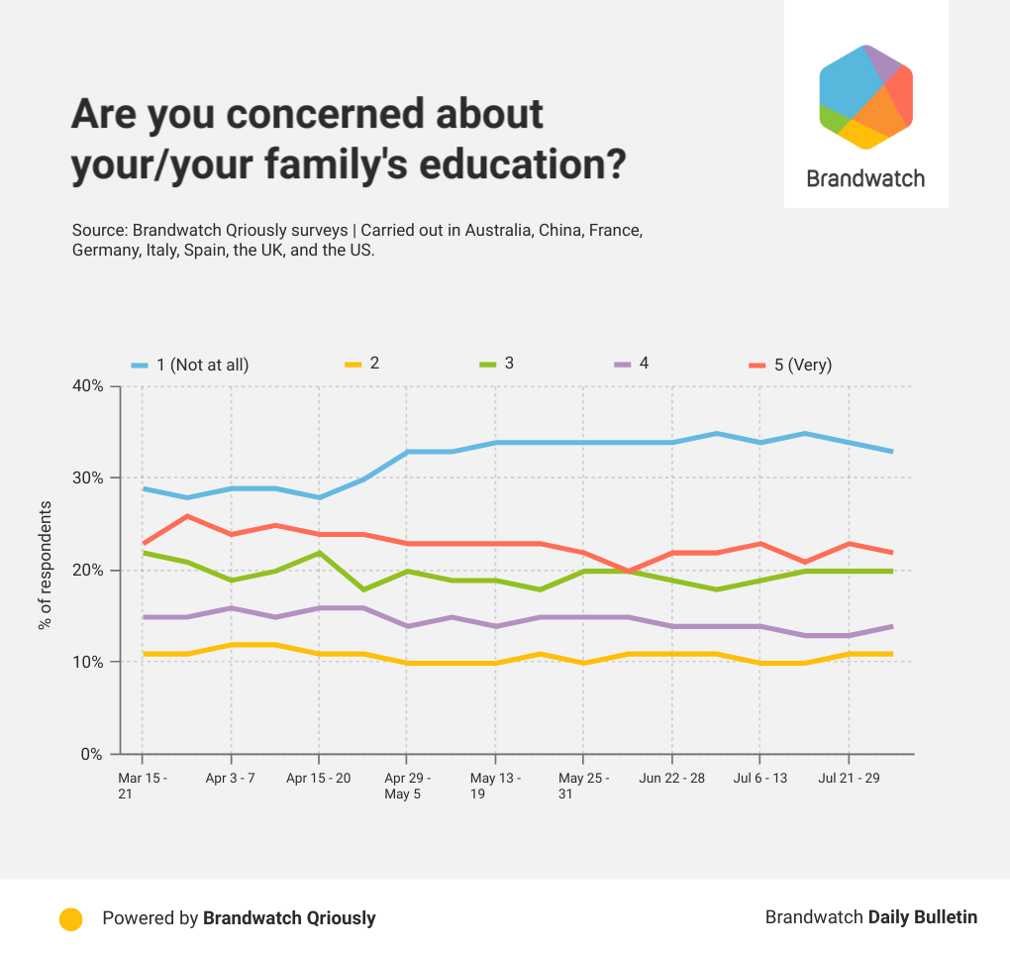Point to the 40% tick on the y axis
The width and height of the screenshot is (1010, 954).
(86, 385)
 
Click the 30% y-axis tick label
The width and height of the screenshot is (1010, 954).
(86, 477)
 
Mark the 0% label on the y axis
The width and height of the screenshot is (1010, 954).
(91, 754)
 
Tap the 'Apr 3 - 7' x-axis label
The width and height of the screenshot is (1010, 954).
(231, 778)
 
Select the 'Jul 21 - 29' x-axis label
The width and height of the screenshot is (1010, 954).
(849, 778)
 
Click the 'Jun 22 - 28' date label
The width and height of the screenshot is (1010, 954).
(672, 778)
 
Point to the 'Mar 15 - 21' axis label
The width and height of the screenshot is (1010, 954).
(143, 786)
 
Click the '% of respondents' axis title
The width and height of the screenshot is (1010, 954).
(45, 566)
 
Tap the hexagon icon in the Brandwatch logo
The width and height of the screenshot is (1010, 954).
(865, 97)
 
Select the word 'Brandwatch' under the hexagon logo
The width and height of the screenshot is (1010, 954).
(865, 178)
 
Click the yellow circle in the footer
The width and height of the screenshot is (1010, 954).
(70, 918)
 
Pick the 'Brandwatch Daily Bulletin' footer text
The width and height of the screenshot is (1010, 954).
(870, 917)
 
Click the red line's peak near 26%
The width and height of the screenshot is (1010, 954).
(187, 515)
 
